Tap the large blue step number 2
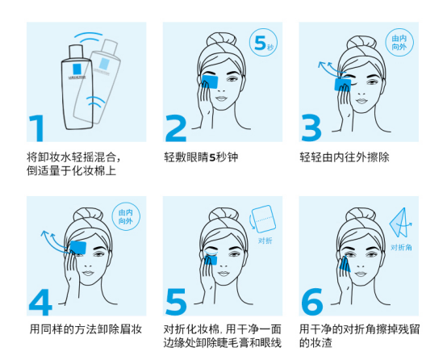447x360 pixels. (x=176, y=128)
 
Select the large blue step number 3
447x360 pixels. (x=311, y=128)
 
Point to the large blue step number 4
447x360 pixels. (x=40, y=302)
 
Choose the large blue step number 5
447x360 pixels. (x=176, y=302)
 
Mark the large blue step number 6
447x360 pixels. (x=312, y=302)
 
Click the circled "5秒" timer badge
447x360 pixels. (x=263, y=42)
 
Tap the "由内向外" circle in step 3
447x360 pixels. (x=399, y=42)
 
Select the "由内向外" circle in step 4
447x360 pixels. (x=126, y=216)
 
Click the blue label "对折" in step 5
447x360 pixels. (x=265, y=241)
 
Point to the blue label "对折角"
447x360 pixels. (x=401, y=247)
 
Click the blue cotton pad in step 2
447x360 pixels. (x=210, y=82)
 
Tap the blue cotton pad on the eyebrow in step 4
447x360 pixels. (x=77, y=247)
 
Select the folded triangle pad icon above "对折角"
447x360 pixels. (x=399, y=223)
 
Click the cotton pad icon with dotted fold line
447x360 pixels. (x=263, y=219)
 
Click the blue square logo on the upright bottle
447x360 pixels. (x=77, y=69)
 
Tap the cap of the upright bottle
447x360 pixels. (x=76, y=51)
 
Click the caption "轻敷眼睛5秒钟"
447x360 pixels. (x=201, y=157)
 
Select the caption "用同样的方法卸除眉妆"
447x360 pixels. (x=86, y=329)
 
